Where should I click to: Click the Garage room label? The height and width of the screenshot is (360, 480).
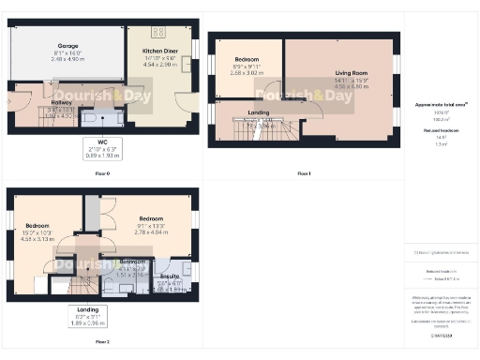(67, 45)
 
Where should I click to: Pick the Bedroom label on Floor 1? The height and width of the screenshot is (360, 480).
(247, 59)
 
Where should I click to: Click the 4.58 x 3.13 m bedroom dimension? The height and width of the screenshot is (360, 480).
(38, 238)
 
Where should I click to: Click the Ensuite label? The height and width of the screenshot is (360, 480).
(172, 277)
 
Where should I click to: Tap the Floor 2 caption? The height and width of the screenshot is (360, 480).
(103, 342)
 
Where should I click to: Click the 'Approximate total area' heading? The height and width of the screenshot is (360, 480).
(442, 105)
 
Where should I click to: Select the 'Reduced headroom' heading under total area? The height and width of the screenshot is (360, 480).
(442, 130)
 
